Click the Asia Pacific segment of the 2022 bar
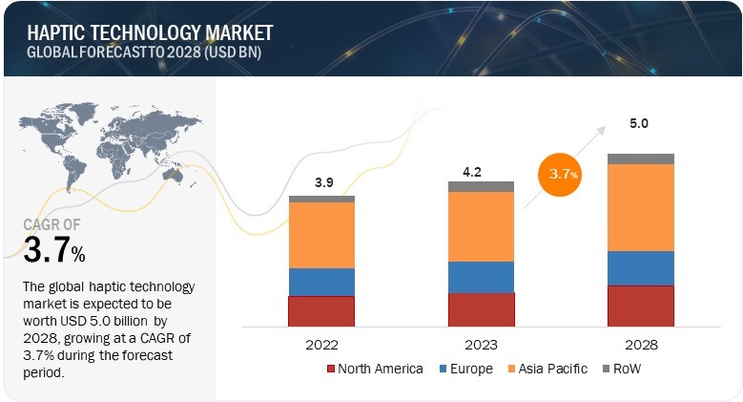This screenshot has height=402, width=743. (x=321, y=235)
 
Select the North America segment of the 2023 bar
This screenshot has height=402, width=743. (x=481, y=309)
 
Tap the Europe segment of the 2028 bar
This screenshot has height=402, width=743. (x=640, y=268)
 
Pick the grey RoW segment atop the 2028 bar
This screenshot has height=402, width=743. (x=640, y=159)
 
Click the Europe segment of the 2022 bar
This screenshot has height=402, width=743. (x=321, y=282)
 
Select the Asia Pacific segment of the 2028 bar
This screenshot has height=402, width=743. (x=640, y=207)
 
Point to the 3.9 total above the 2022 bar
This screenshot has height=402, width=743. (x=321, y=182)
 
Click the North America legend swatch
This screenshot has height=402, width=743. (x=331, y=369)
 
